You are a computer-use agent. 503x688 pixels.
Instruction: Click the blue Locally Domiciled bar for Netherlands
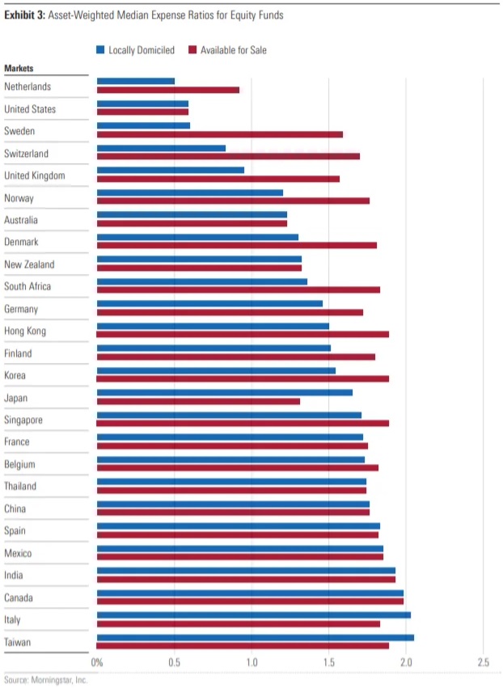click(x=136, y=81)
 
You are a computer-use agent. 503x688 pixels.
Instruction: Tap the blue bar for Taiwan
click(x=256, y=637)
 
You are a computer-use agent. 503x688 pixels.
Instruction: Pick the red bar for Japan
click(x=198, y=401)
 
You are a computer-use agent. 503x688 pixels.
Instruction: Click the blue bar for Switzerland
click(x=161, y=148)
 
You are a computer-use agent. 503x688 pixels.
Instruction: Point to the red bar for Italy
click(x=239, y=623)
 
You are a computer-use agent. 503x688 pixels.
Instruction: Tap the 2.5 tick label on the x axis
click(x=483, y=663)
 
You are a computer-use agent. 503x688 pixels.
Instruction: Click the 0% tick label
click(x=97, y=663)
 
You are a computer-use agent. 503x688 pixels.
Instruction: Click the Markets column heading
click(x=19, y=69)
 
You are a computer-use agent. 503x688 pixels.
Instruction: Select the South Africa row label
click(x=27, y=286)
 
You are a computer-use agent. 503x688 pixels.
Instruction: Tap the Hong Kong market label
click(x=25, y=331)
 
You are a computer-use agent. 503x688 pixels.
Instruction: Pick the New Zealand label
click(x=29, y=264)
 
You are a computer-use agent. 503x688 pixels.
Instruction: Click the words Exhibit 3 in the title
click(x=22, y=15)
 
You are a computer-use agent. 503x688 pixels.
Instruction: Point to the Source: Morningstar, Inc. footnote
click(x=45, y=680)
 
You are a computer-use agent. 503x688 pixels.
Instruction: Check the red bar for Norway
click(x=233, y=200)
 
